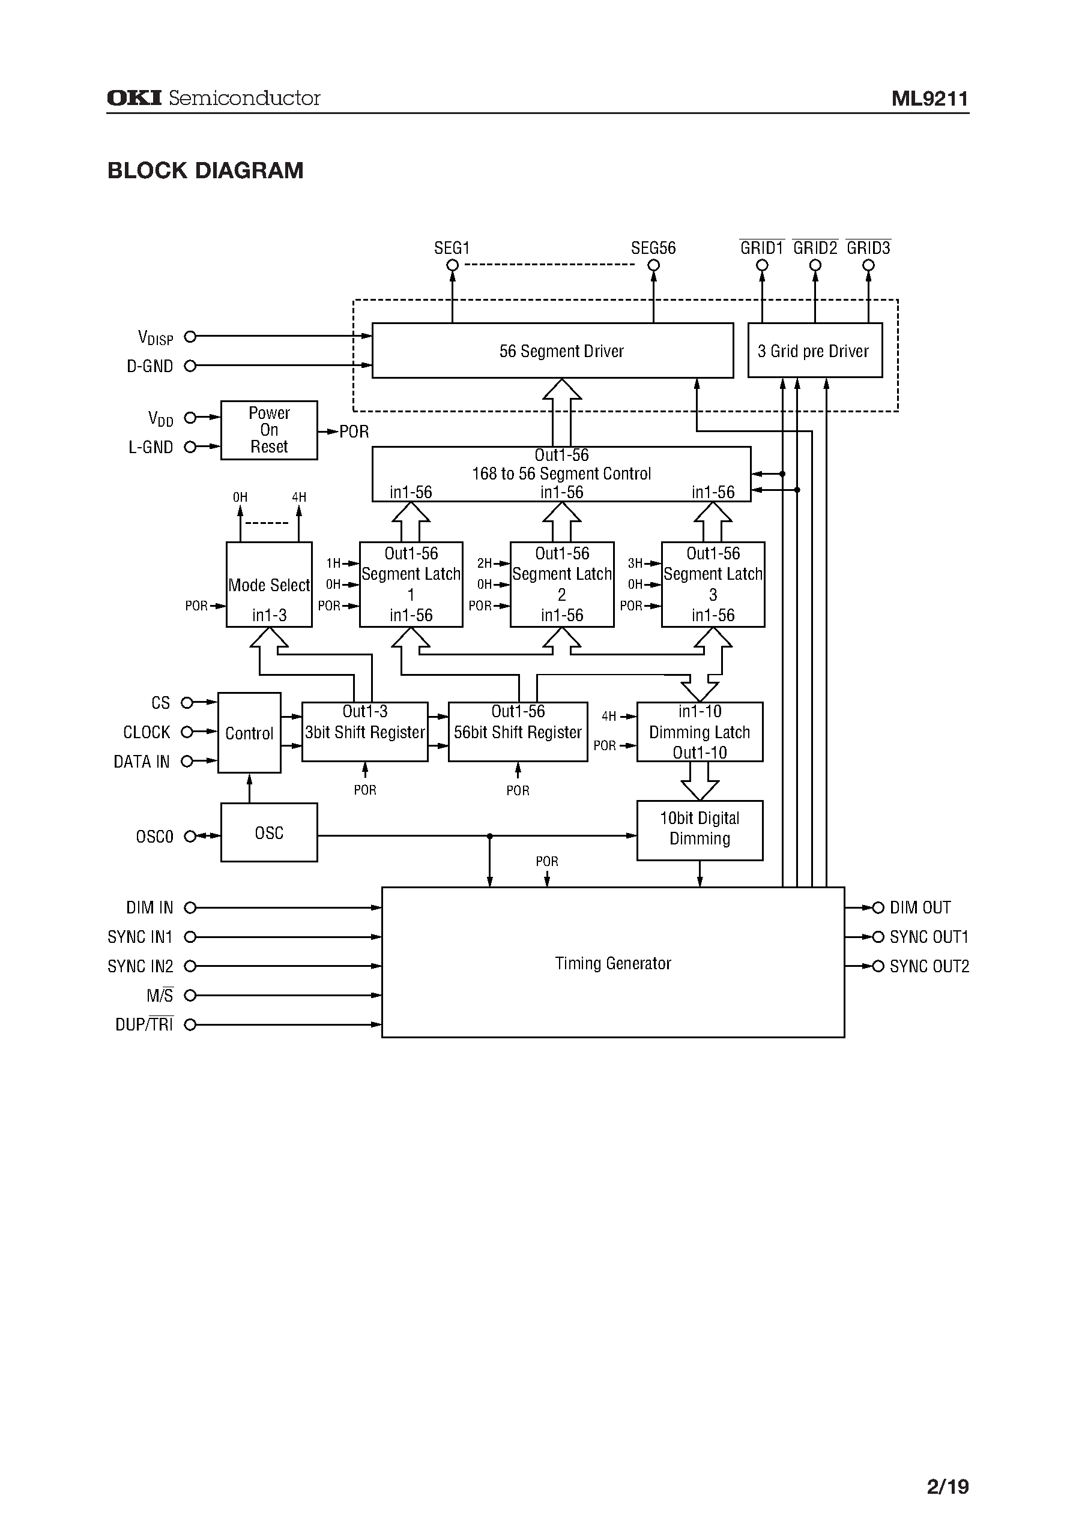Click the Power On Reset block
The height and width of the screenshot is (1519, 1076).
(268, 430)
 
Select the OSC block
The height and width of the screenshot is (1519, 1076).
(268, 832)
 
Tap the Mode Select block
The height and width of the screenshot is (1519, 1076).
(268, 585)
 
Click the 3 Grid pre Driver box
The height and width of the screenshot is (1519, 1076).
(814, 351)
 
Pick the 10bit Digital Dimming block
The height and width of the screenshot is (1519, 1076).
(699, 829)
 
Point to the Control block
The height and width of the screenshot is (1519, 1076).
(249, 732)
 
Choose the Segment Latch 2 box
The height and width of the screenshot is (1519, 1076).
(561, 584)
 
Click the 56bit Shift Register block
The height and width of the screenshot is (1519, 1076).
(518, 732)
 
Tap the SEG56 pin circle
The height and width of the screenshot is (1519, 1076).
(653, 265)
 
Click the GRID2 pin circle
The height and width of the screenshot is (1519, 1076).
(815, 265)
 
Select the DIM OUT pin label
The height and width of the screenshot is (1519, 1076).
(920, 907)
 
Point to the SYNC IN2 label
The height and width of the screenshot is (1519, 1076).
(140, 966)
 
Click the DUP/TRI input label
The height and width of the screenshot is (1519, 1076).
(144, 1024)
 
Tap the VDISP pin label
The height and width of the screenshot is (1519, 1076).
(155, 337)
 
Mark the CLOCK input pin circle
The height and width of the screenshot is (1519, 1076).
(187, 732)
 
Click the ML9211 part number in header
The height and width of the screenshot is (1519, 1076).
(929, 98)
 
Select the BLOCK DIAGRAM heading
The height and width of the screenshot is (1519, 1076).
(205, 171)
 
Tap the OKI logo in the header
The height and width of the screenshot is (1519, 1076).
(134, 98)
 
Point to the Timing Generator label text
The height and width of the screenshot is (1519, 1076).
(613, 963)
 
